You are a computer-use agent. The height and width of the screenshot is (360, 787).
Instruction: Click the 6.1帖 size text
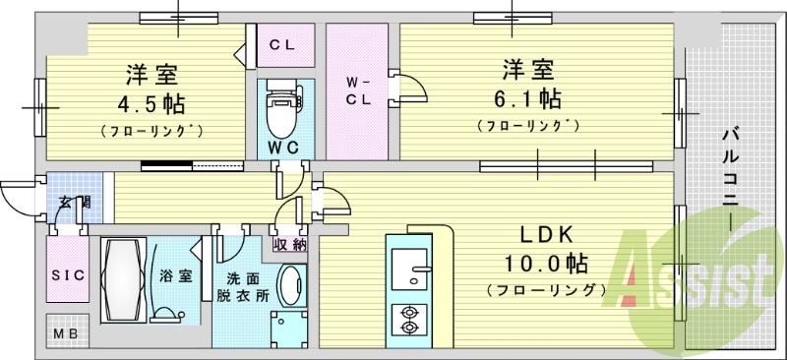point(529,99)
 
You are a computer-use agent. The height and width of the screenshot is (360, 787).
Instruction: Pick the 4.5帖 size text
point(150,103)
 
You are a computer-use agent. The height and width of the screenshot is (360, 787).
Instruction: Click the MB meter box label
point(65,331)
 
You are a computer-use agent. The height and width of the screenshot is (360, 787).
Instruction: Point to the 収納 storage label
point(290,243)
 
